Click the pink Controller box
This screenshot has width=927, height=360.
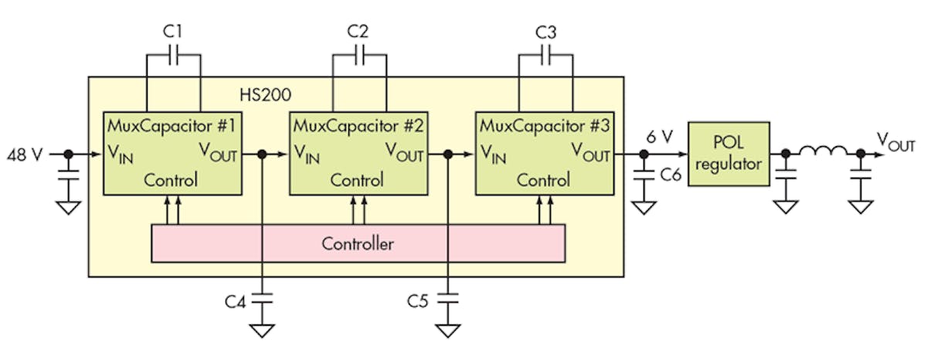pos(358,244)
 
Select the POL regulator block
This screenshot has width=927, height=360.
pos(728,154)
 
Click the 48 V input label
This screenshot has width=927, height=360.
pos(23,155)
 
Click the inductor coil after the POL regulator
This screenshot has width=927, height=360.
pos(823,154)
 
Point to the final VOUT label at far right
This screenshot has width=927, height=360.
pos(896,142)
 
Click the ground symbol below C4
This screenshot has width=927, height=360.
pos(263,330)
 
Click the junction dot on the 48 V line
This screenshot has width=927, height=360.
pos(68,155)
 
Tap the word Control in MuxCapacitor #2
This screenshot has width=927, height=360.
pos(357,181)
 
